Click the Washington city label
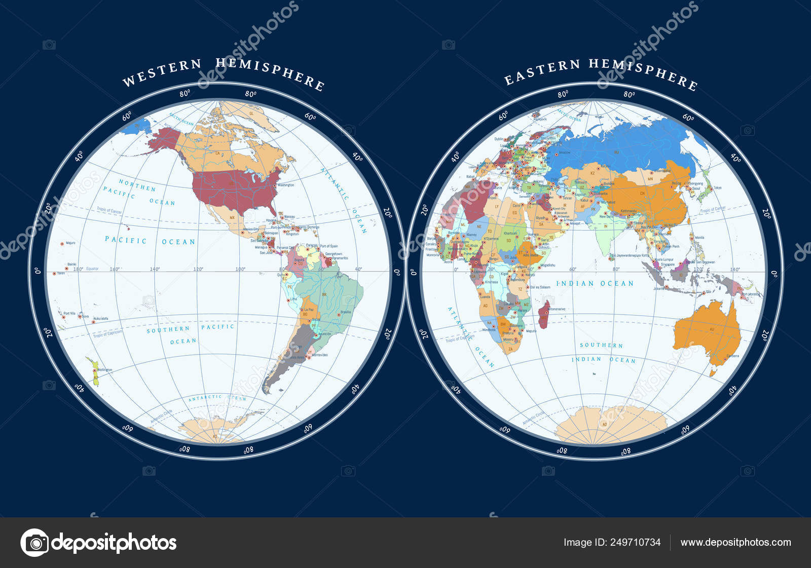[286, 185]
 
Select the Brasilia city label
[346, 312]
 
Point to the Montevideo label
[320, 355]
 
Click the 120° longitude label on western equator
[198, 269]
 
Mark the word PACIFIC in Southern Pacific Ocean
[217, 327]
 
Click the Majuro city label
[71, 243]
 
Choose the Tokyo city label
[717, 187]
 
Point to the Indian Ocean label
[595, 284]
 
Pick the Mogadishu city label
[547, 265]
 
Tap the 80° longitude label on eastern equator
[616, 269]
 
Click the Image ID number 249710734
[634, 542]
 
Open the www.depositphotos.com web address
[735, 542]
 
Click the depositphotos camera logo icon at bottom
[34, 543]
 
